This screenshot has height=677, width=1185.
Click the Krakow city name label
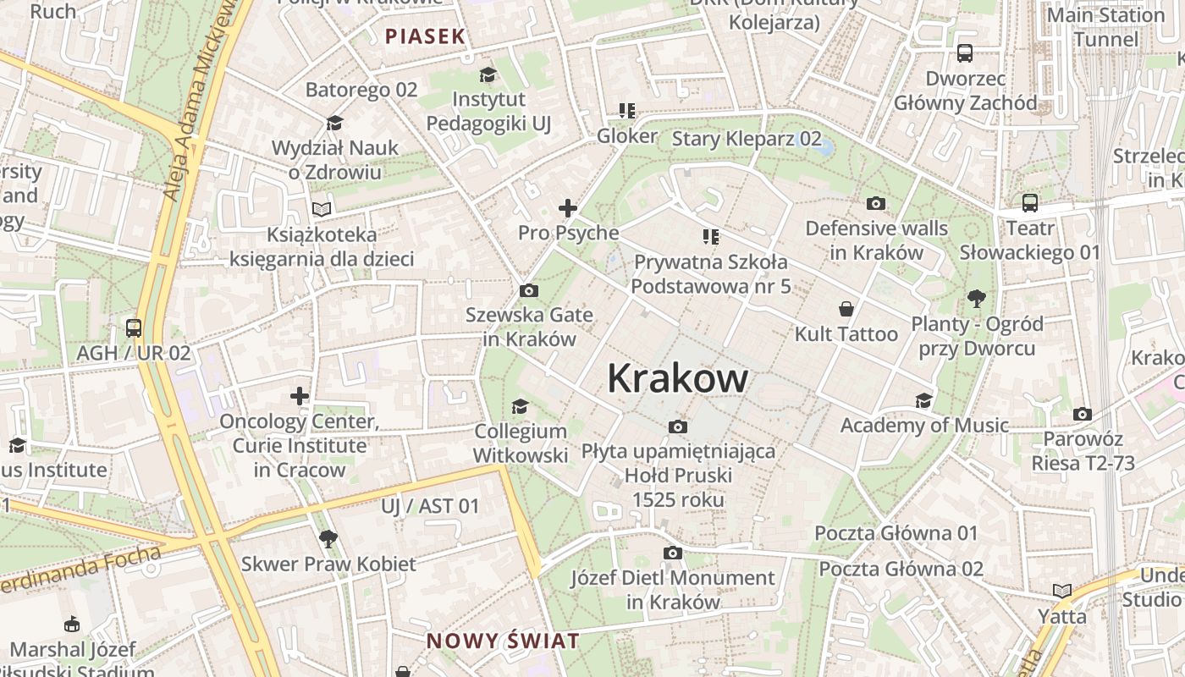click(677, 378)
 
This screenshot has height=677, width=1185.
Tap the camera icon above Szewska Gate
click(529, 291)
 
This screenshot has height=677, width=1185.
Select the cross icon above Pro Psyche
click(568, 208)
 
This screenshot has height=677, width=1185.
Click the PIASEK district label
click(425, 36)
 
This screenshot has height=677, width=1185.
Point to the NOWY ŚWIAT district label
click(503, 641)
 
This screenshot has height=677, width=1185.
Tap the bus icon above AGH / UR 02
click(134, 328)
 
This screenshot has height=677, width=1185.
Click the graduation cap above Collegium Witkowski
click(520, 407)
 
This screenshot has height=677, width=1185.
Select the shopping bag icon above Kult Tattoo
click(846, 309)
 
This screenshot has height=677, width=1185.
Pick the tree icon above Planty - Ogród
click(977, 299)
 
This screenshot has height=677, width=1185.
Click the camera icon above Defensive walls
click(876, 203)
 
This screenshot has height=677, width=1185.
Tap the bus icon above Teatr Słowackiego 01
click(1030, 203)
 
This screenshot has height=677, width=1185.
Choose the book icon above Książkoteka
click(322, 209)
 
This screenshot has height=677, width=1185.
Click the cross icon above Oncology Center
click(300, 396)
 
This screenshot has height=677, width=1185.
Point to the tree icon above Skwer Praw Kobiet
click(328, 538)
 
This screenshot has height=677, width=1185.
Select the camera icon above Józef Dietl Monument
click(673, 553)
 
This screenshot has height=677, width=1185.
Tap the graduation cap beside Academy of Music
click(923, 400)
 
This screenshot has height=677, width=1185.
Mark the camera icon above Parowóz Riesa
click(1083, 415)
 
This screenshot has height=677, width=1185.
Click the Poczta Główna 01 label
click(896, 533)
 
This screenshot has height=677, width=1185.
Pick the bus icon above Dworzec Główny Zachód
click(965, 54)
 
